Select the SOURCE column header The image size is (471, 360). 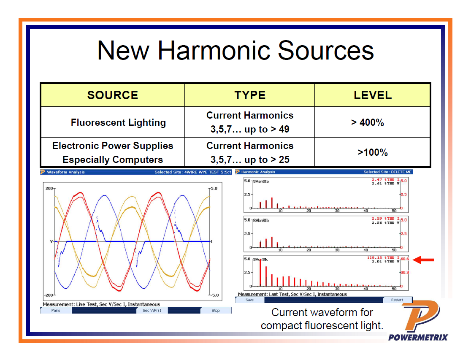113,95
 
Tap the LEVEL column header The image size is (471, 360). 373,95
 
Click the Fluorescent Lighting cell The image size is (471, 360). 118,122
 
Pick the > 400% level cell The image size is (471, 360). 368,122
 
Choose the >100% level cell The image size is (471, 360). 373,152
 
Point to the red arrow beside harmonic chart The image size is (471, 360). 423,260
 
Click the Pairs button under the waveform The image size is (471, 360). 56,310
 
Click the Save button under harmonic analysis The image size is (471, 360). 249,300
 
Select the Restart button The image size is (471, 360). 397,300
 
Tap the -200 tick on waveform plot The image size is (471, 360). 48,295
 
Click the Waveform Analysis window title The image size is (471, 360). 65,172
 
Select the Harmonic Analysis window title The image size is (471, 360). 258,172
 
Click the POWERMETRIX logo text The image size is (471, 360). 418,337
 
